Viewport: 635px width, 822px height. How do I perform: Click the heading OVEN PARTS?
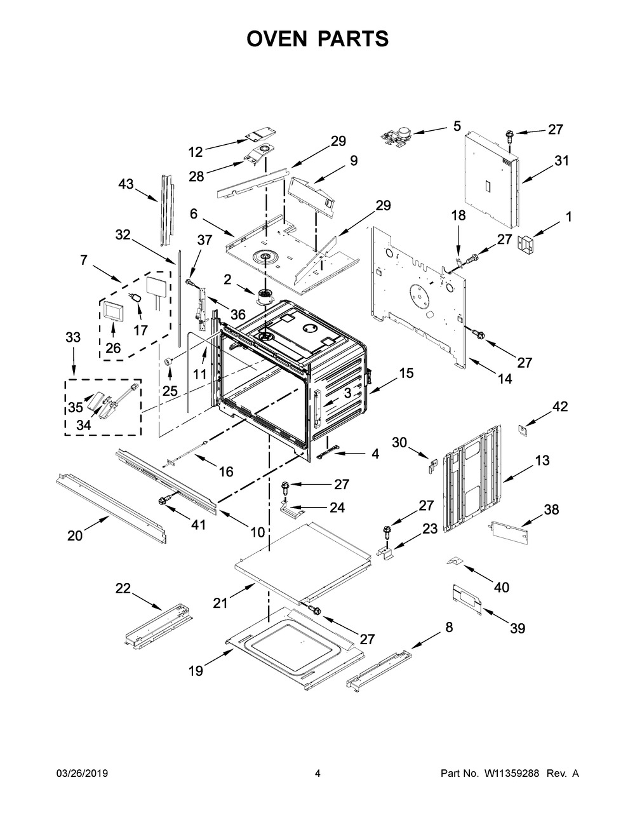tap(317, 39)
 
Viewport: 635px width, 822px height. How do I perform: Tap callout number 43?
tap(126, 184)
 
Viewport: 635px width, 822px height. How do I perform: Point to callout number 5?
tap(457, 126)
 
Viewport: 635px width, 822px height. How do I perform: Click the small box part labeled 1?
tap(525, 243)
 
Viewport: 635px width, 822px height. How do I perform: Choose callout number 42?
tap(560, 407)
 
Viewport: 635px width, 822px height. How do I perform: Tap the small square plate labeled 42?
tap(523, 431)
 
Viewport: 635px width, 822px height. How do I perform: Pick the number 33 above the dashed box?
tap(73, 337)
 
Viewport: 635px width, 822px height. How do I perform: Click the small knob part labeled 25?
tap(168, 361)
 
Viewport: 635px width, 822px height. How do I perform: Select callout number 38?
tap(551, 509)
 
